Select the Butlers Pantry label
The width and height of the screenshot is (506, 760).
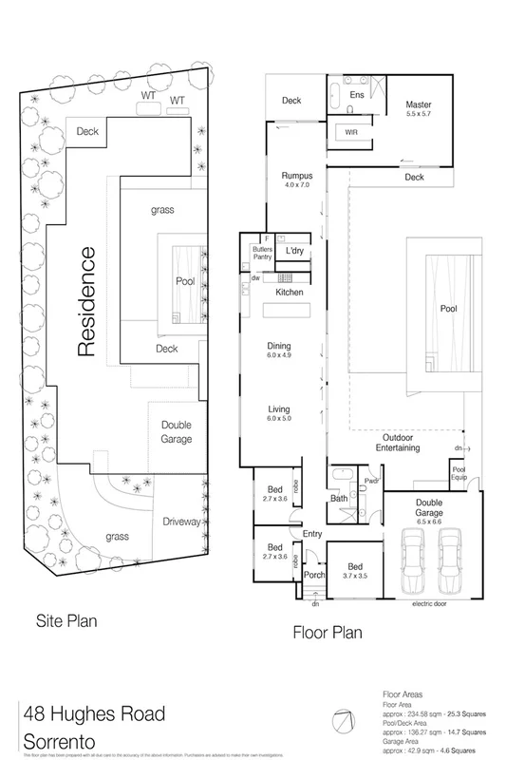pos(262,252)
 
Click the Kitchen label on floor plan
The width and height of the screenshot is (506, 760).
pos(290,293)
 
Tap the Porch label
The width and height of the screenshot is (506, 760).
pos(313,575)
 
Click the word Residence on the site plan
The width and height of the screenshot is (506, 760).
pos(86,301)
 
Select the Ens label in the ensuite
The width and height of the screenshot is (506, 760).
pos(357,96)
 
